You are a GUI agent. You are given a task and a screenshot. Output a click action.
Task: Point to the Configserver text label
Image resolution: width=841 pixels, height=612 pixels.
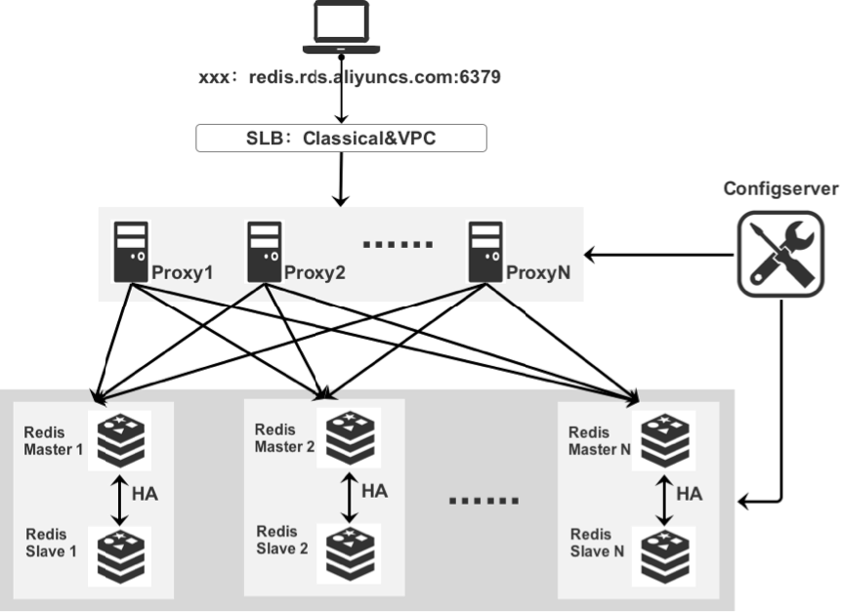(x=779, y=188)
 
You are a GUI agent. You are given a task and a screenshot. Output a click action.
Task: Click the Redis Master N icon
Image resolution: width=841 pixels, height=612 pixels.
(x=665, y=438)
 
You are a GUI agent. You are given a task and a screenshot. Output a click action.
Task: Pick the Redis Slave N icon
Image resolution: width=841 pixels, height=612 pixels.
(x=665, y=553)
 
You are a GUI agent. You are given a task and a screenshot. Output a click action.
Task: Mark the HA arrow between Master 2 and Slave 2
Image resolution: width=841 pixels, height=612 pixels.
(x=348, y=498)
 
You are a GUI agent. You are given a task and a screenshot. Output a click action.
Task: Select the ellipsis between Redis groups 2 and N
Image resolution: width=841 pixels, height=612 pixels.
(x=483, y=500)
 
